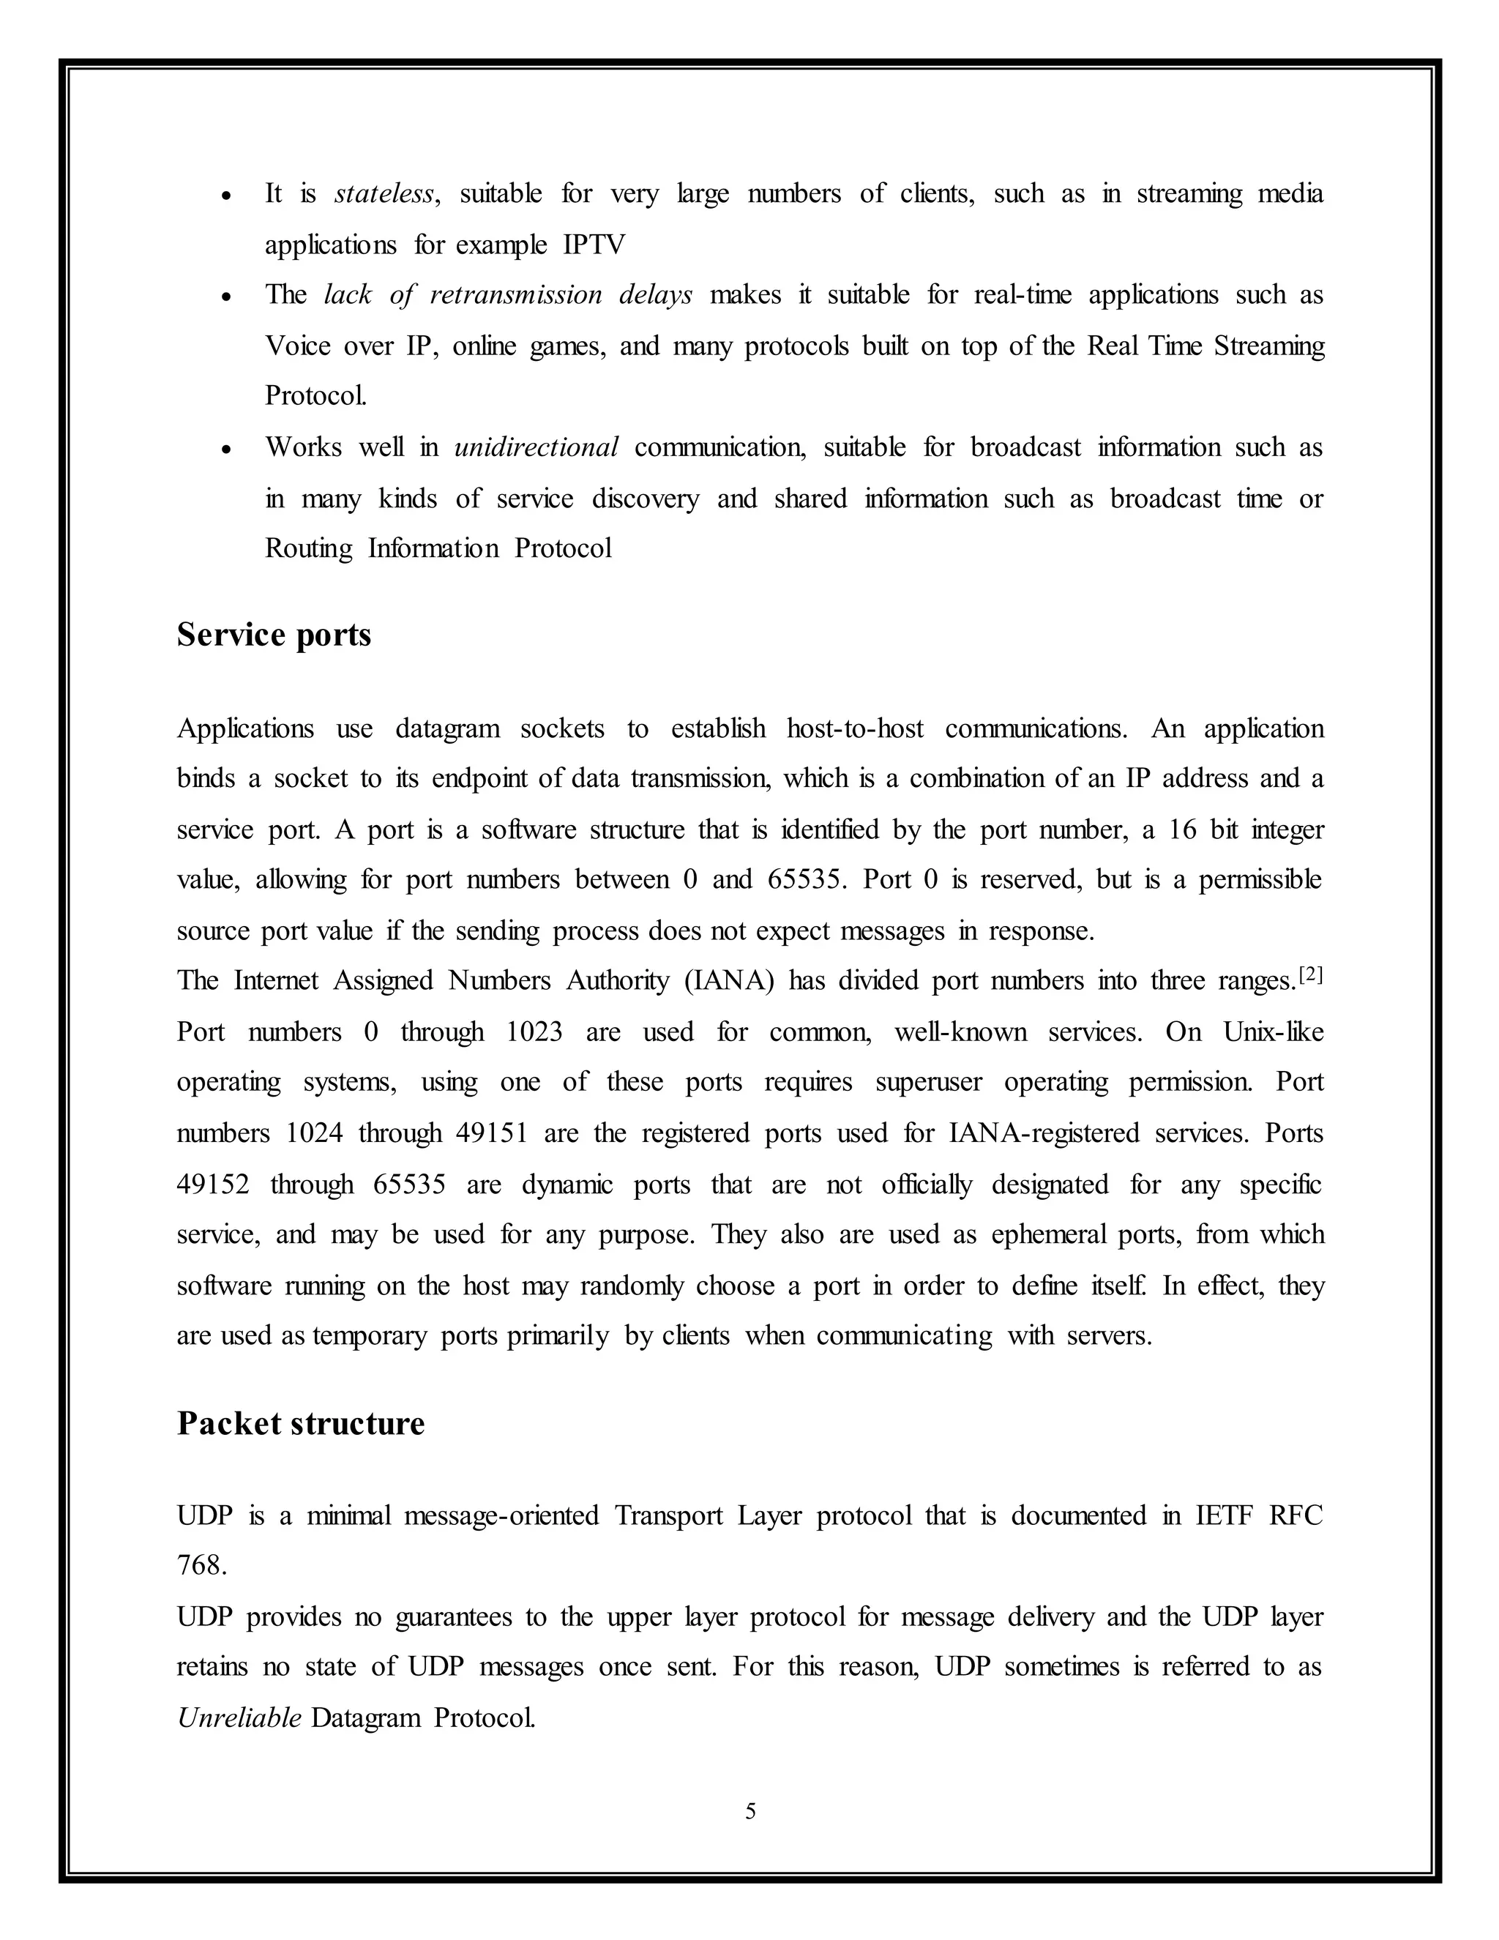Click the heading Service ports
point(274,635)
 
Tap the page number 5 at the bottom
point(750,1811)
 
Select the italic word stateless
point(384,194)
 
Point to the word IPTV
point(594,245)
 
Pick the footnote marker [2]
point(1311,975)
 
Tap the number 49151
point(492,1133)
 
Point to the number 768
point(201,1565)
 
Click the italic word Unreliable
point(239,1718)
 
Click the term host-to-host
point(854,728)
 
